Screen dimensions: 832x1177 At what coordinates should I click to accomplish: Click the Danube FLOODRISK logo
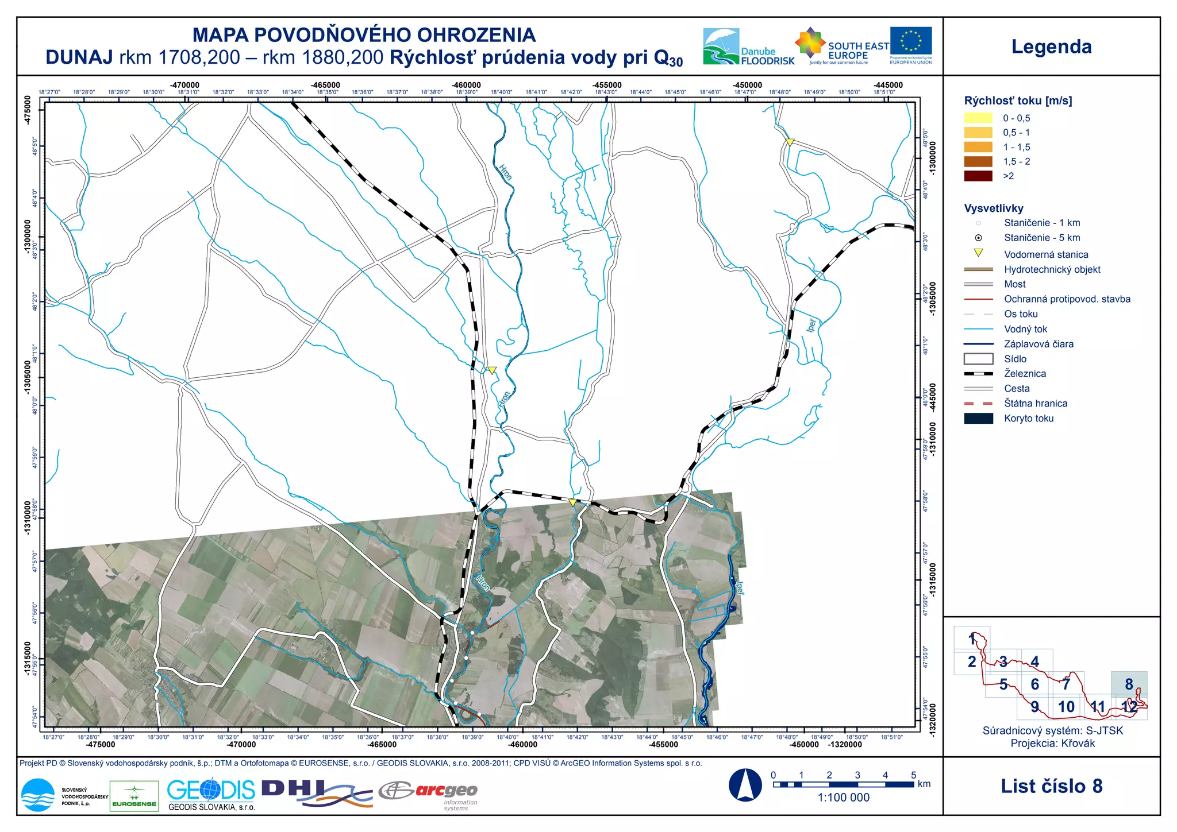click(748, 47)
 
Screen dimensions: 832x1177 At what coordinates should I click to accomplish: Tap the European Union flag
click(911, 41)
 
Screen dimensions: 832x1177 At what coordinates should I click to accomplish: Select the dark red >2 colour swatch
click(978, 176)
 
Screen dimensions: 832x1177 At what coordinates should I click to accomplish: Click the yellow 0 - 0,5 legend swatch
click(978, 118)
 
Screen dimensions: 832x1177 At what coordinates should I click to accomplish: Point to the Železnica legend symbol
click(978, 374)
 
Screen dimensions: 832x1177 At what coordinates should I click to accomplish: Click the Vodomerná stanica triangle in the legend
click(978, 253)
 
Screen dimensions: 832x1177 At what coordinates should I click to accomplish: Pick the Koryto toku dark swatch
click(978, 419)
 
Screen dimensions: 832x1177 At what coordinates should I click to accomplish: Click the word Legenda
click(1051, 47)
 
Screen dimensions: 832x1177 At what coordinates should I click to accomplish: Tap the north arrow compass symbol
click(745, 785)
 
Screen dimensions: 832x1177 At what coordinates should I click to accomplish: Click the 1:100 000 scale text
click(843, 798)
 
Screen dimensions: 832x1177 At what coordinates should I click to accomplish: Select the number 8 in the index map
click(1129, 684)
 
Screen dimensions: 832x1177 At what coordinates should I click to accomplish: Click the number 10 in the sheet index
click(1066, 707)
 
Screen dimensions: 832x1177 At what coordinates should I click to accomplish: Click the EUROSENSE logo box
click(134, 796)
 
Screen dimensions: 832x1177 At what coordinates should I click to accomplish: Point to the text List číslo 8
click(1051, 786)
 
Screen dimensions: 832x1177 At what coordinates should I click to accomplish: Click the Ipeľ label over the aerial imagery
click(740, 588)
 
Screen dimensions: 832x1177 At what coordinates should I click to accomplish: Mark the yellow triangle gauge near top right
click(790, 142)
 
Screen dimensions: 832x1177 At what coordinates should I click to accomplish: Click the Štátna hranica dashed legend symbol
click(978, 404)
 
